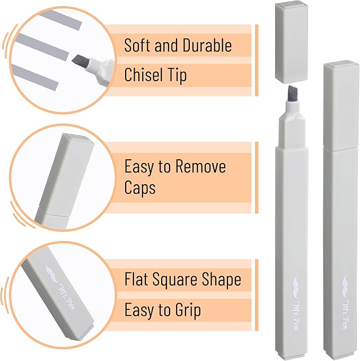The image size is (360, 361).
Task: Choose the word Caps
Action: pos(140,188)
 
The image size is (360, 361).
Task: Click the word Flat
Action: pos(136,279)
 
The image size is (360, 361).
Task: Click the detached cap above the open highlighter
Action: pos(292,42)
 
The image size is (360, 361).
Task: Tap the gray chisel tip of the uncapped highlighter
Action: pos(293,93)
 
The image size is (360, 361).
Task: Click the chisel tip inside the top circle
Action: pos(81,62)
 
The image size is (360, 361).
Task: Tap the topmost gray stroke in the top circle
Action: pos(61,20)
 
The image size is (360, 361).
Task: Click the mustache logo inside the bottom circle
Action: pos(52,273)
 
